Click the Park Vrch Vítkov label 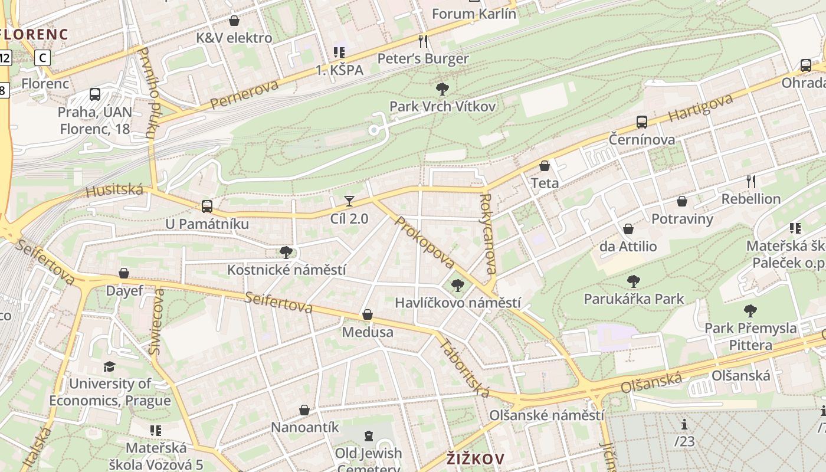[x=442, y=106]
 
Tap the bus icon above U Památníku [x=206, y=206]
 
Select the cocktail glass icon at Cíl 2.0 [x=349, y=201]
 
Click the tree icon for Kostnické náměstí [x=286, y=253]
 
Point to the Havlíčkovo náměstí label [x=457, y=303]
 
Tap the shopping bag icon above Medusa [x=367, y=314]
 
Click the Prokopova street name [x=425, y=242]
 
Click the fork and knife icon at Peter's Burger [x=422, y=41]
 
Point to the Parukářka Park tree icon [x=634, y=281]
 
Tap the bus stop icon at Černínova [x=642, y=122]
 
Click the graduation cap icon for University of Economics [x=109, y=367]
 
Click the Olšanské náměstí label [x=546, y=415]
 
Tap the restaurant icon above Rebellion [x=750, y=181]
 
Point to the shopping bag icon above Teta [x=545, y=166]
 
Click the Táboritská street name [x=465, y=368]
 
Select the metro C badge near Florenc [x=42, y=58]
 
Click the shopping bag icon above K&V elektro [x=234, y=21]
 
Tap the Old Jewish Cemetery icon [x=369, y=436]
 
